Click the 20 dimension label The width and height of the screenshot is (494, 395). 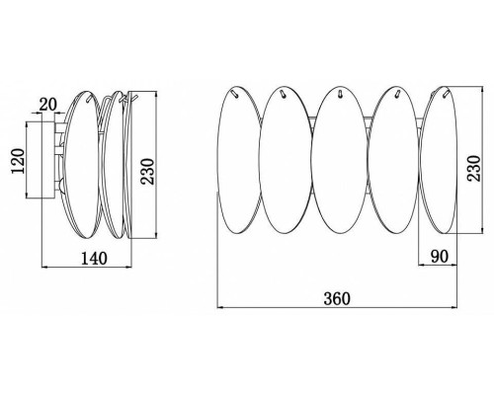(x=48, y=105)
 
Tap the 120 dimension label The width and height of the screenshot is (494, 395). (x=18, y=161)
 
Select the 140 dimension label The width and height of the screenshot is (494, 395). (x=94, y=259)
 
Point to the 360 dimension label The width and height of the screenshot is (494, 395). (x=337, y=299)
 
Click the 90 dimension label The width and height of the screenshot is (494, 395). (x=440, y=257)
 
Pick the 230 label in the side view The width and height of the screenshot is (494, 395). (x=147, y=172)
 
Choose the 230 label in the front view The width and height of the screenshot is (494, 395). (x=474, y=168)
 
